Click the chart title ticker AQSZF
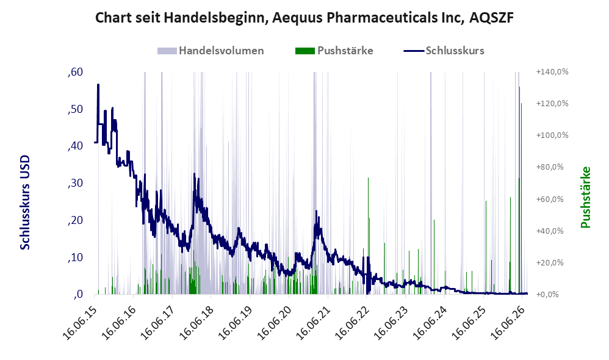click(491, 18)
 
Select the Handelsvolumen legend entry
click(211, 51)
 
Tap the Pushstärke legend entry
click(334, 51)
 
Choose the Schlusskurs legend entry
click(444, 51)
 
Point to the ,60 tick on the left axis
click(75, 72)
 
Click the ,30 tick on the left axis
click(75, 183)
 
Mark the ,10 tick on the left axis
click(75, 257)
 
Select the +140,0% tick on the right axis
click(552, 72)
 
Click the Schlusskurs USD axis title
click(25, 203)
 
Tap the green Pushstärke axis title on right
click(585, 197)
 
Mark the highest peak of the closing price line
click(98, 84)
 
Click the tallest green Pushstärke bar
click(520, 190)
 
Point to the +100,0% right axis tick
click(552, 135)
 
